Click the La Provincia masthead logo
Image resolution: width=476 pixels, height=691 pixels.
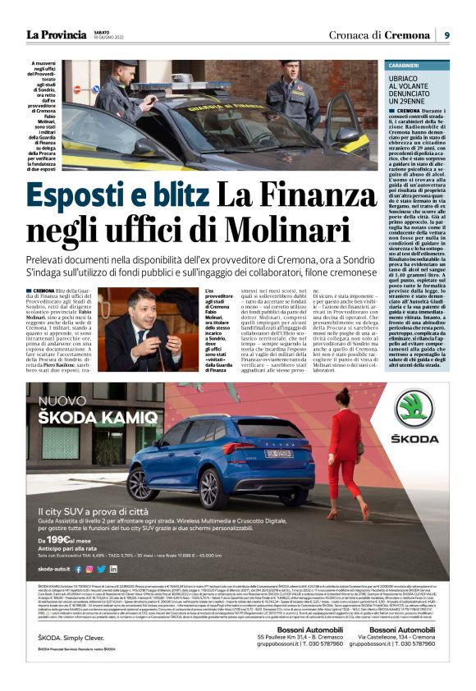[56, 34]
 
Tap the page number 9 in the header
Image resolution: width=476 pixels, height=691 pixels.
[447, 34]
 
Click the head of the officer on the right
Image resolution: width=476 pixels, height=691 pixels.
[290, 67]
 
